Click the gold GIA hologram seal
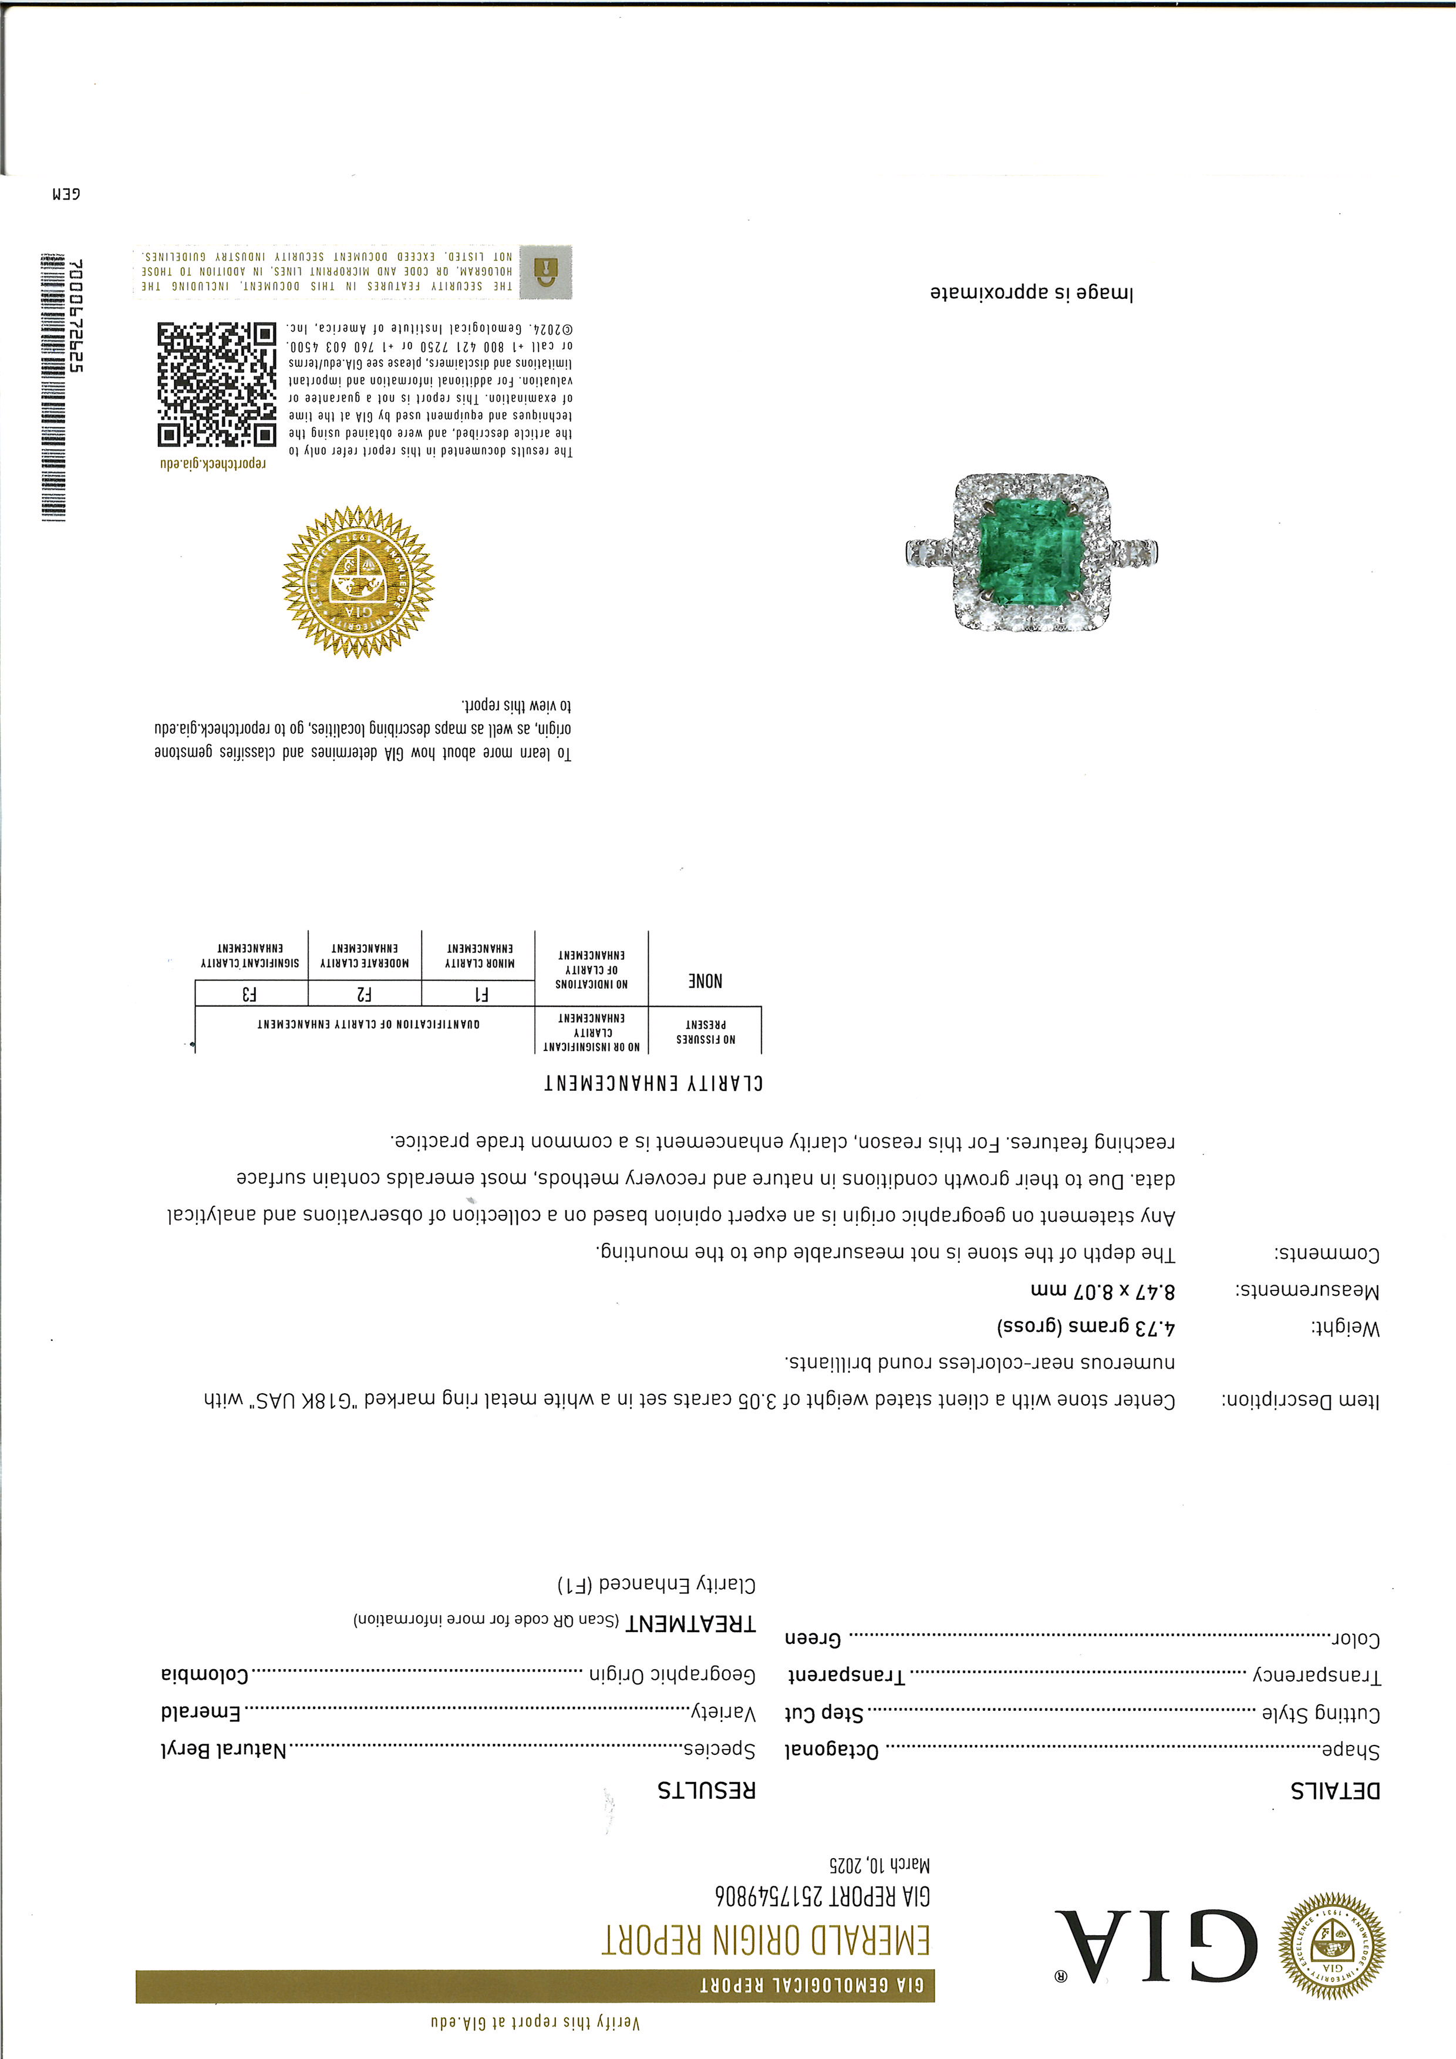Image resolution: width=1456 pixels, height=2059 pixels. click(x=358, y=582)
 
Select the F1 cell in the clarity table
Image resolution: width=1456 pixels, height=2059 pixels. click(x=478, y=993)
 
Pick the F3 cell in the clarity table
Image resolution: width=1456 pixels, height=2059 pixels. click(x=251, y=993)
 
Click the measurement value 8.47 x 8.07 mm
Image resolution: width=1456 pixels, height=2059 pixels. click(x=1102, y=1292)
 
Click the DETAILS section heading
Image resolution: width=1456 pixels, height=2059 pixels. click(x=1335, y=1791)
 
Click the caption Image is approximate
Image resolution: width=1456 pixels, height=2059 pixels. click(x=1031, y=293)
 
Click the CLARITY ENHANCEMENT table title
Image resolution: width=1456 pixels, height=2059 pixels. click(x=653, y=1083)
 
